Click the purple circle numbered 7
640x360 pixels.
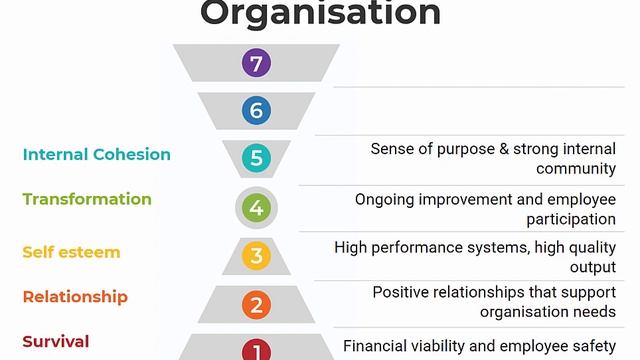(256, 63)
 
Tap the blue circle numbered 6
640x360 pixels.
(256, 110)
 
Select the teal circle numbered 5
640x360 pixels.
(256, 158)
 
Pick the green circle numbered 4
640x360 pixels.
(256, 208)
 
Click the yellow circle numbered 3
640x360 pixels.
(256, 256)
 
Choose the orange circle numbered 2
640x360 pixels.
(256, 304)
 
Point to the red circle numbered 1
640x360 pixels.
(256, 349)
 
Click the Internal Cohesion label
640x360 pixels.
(97, 154)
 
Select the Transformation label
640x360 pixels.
(87, 199)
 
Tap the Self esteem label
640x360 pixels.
(71, 252)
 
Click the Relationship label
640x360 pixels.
(75, 297)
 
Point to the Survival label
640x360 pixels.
(56, 342)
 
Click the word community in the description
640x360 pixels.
(576, 169)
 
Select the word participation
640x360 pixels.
(571, 219)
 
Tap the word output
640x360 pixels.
(593, 267)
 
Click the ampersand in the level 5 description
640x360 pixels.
(504, 149)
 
